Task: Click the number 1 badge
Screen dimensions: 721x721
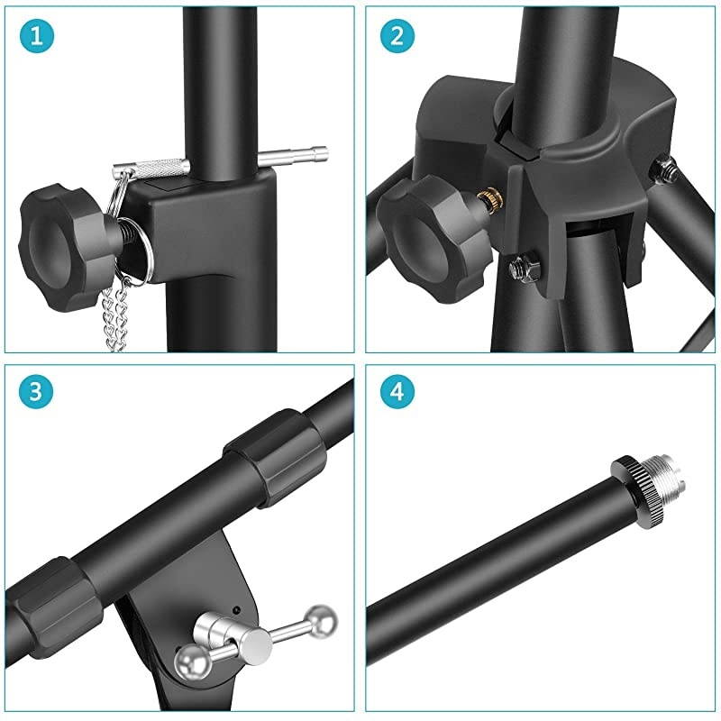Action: click(37, 36)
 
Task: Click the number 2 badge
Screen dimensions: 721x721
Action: click(397, 36)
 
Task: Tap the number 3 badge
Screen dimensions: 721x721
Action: click(36, 392)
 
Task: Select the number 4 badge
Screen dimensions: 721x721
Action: click(397, 392)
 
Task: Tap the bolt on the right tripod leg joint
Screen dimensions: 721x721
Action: click(663, 171)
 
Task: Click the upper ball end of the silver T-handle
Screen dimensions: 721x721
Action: click(321, 622)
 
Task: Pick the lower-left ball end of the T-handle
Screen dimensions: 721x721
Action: click(193, 662)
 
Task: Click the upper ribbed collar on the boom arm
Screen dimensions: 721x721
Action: click(275, 458)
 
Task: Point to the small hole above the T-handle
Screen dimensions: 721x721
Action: click(236, 610)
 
